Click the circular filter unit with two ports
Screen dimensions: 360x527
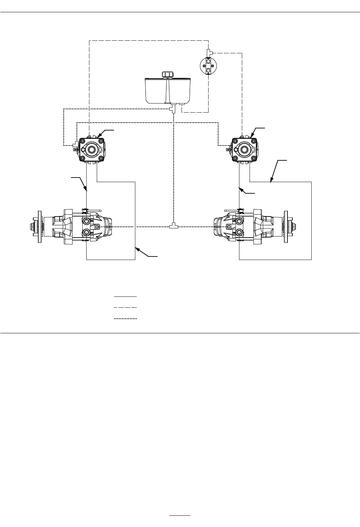[208, 66]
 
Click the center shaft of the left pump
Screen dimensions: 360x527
[92, 149]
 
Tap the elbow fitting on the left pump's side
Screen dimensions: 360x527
[75, 144]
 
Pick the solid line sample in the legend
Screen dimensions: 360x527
[125, 297]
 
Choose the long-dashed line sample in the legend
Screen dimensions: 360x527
[125, 308]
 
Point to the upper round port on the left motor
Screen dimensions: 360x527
[86, 221]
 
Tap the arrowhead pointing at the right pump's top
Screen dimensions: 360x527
[253, 134]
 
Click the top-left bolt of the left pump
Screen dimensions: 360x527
[82, 141]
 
